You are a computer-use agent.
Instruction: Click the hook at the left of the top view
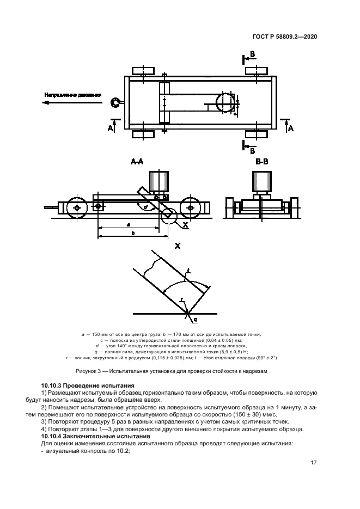pos(115,102)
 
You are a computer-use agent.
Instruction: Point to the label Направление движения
pos(73,95)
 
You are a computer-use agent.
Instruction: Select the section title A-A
pos(137,162)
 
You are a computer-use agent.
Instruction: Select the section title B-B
pos(261,162)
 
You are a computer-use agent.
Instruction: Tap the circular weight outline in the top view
pos(224,102)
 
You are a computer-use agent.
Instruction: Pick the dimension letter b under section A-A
pos(133,233)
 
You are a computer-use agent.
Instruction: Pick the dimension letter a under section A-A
pos(128,224)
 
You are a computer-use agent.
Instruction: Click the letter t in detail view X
pos(187,270)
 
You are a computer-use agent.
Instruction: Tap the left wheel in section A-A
pos(75,208)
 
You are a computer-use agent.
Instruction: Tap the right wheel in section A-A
pos(191,208)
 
